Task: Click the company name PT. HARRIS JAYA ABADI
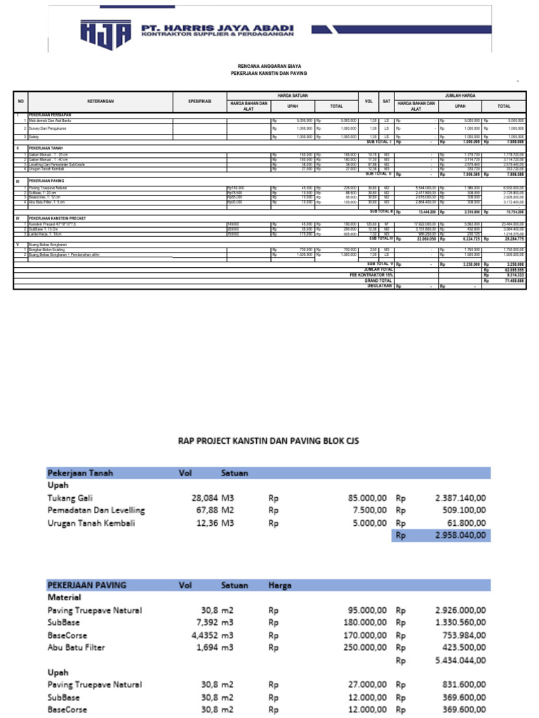(218, 29)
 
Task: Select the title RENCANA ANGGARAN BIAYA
(269, 65)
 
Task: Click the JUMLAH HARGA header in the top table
(460, 95)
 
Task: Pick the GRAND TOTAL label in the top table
(378, 280)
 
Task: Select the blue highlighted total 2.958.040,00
(460, 536)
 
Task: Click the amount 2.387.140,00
(460, 497)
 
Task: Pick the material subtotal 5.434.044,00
(460, 661)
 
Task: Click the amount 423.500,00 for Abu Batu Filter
(460, 648)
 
